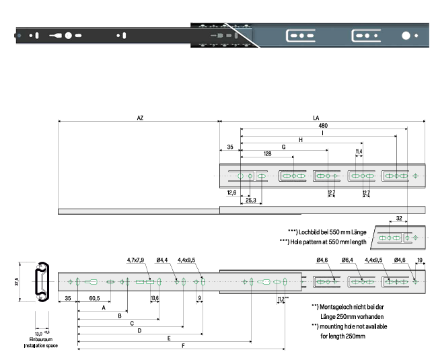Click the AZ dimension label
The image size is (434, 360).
(x=140, y=118)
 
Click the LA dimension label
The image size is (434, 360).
(x=316, y=118)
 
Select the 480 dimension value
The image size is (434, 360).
(x=323, y=126)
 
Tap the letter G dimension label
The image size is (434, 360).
(x=284, y=146)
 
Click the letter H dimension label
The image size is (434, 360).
(x=301, y=139)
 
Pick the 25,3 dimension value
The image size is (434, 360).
(x=250, y=200)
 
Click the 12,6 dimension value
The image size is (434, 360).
(x=232, y=192)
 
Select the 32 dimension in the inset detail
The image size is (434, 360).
(x=400, y=219)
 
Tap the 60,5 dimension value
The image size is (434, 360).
(x=94, y=297)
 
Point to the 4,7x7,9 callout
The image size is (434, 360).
(x=137, y=258)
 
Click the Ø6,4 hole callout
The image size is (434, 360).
(x=347, y=259)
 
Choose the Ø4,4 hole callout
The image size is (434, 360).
(x=162, y=258)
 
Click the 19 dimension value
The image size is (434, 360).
(x=420, y=259)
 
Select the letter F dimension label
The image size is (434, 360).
(x=183, y=346)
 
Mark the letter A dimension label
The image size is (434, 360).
(x=103, y=307)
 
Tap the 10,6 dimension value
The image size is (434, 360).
(x=155, y=297)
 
